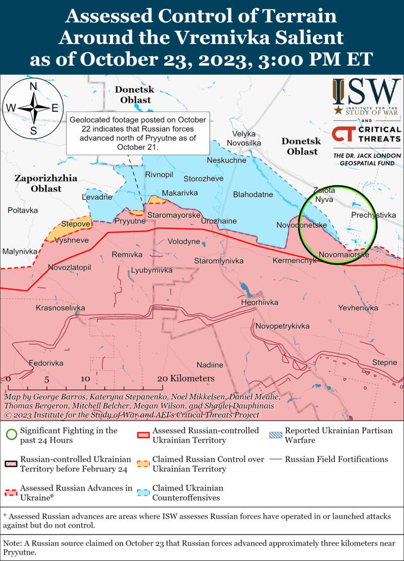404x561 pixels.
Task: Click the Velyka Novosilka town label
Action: pos(244,139)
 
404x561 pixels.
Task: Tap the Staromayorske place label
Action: pos(174,215)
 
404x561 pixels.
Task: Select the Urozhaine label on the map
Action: pos(219,221)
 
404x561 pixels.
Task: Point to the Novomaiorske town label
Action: pos(344,255)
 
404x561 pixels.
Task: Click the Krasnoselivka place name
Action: pos(60,308)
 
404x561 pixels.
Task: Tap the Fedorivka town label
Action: pos(46,363)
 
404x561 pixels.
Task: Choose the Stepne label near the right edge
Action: pos(384,362)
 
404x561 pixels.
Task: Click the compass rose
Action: pos(33,107)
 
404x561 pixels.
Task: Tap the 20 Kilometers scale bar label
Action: pos(185,379)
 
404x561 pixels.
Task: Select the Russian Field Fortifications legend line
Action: pos(276,459)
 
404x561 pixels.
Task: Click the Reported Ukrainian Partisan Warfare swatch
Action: pos(276,431)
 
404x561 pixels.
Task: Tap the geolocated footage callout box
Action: pos(138,133)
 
